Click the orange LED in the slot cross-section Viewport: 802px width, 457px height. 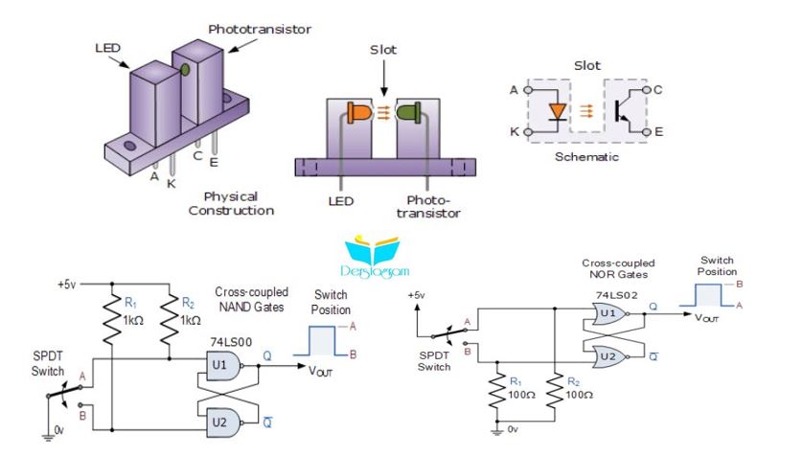coord(358,113)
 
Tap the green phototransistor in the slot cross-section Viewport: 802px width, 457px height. coord(409,113)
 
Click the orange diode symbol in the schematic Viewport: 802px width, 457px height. coord(557,112)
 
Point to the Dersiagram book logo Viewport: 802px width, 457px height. coord(374,256)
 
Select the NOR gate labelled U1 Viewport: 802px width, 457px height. coord(610,313)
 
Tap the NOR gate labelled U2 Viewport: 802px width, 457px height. coord(610,356)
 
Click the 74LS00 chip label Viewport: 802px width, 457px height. coord(231,342)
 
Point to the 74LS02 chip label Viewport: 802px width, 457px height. coord(616,295)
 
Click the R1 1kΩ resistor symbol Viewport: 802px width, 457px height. coord(112,320)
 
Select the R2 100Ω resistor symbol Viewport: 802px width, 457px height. coord(555,391)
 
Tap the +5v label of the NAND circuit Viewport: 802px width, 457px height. coord(66,285)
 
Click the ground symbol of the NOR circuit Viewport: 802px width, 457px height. coord(496,431)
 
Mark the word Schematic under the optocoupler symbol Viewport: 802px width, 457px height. coord(586,157)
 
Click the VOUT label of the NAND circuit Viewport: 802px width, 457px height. coord(320,371)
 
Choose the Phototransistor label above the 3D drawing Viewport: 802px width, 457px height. coord(260,29)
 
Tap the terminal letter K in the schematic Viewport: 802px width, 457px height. coord(514,132)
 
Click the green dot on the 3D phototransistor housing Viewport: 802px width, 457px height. coord(185,69)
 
